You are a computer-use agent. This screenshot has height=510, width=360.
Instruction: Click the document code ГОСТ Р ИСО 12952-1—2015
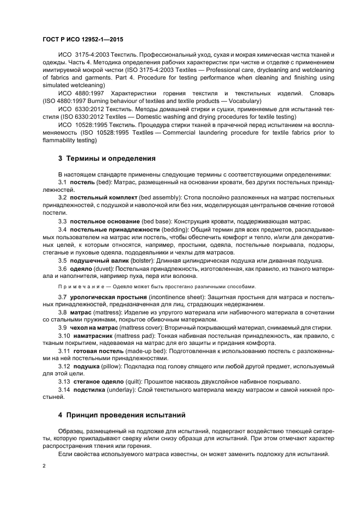82,40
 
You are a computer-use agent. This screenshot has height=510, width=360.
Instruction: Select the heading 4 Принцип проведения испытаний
122,415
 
